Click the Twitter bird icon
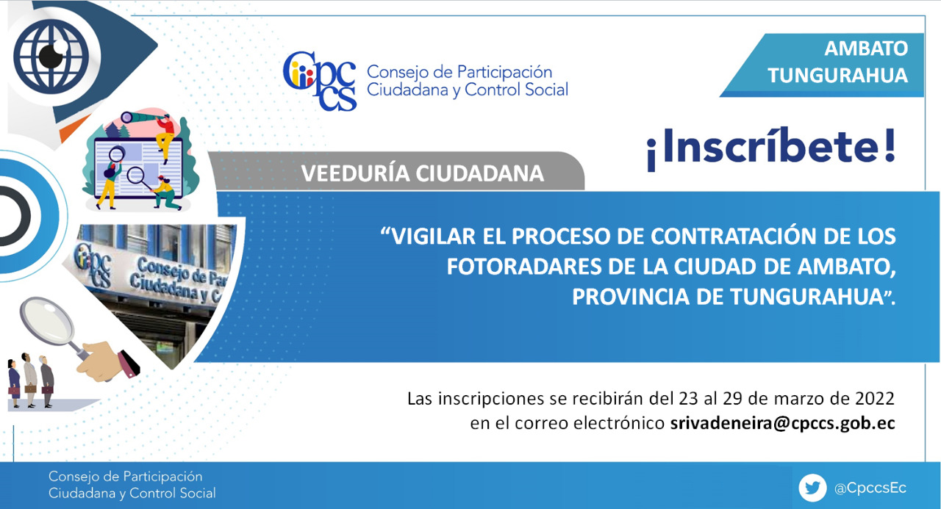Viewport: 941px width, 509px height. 812,488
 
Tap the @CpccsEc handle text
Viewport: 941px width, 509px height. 870,488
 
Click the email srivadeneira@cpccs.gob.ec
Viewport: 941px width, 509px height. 783,423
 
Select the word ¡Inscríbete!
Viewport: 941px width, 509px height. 771,148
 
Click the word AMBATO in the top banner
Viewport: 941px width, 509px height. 866,48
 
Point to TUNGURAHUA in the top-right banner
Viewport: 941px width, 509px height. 837,76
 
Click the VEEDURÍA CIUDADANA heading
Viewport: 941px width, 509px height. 423,174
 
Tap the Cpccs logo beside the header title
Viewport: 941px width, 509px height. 320,81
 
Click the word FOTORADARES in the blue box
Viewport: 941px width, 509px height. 524,267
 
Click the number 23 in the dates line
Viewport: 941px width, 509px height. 689,399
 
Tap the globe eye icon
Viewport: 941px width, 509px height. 51,57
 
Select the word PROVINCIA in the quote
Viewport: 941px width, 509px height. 631,297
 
